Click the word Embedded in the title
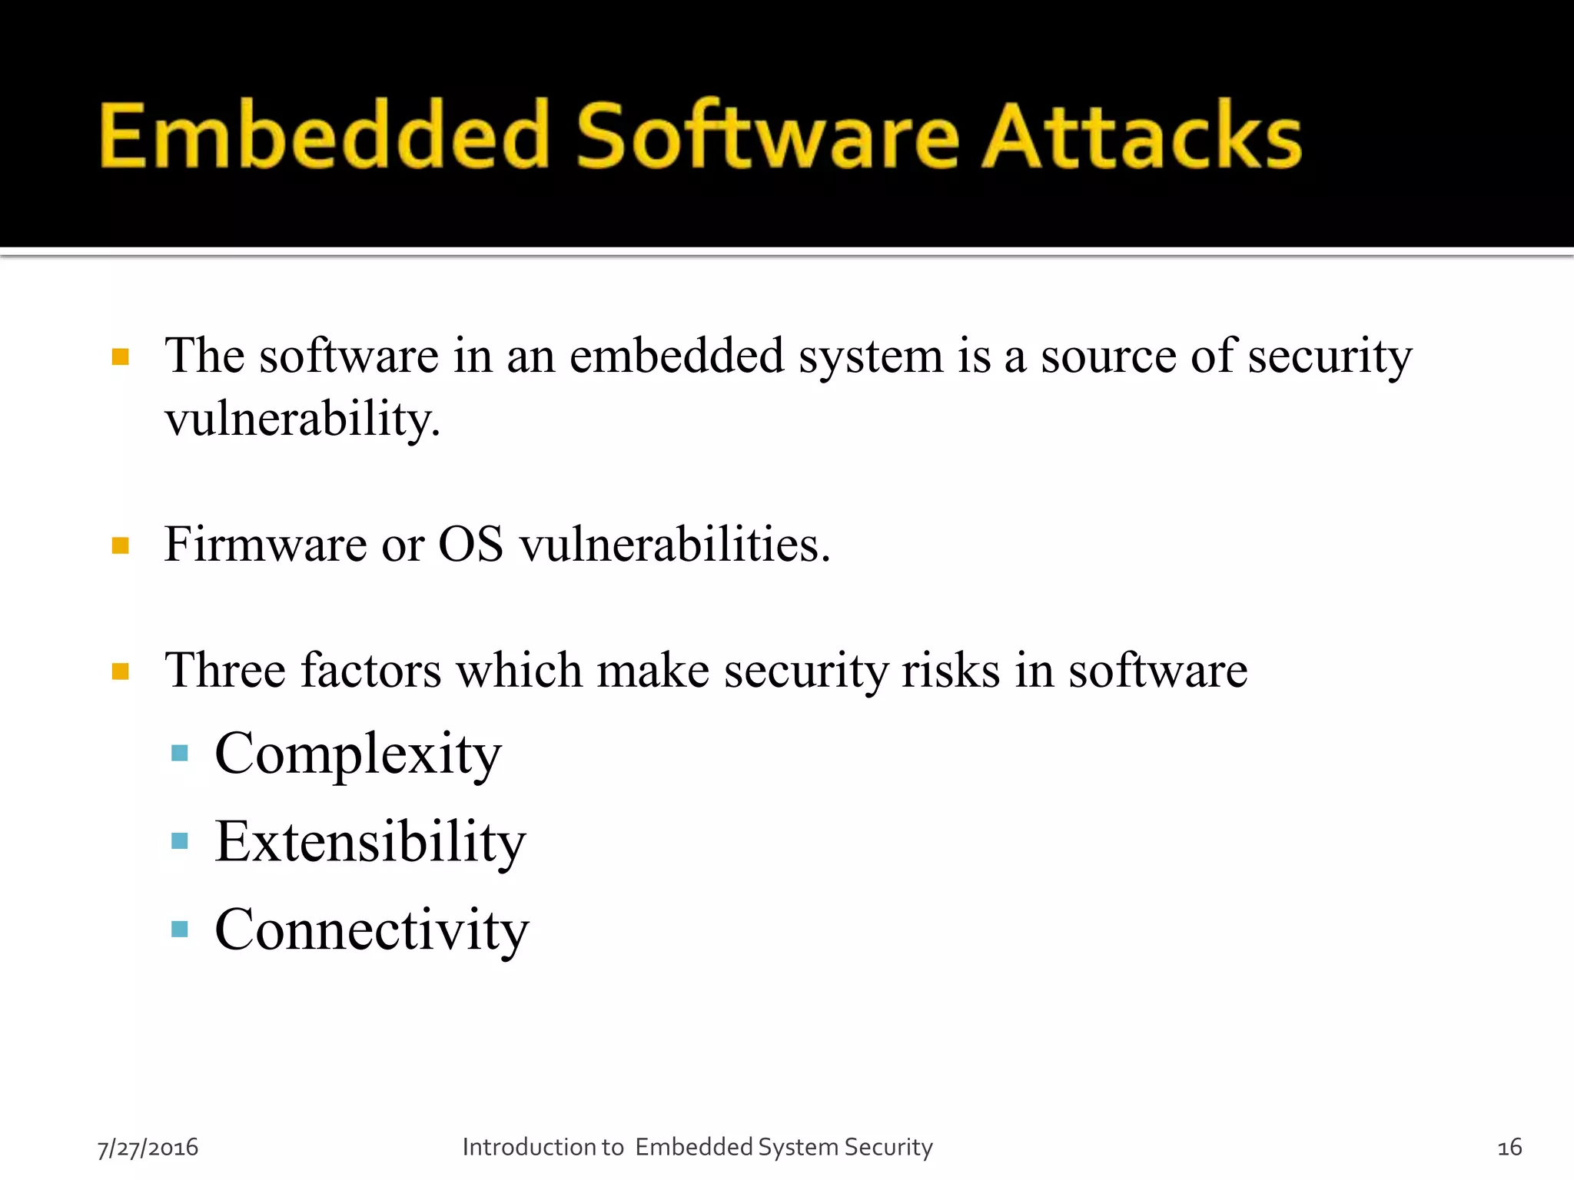point(324,136)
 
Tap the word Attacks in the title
point(1142,136)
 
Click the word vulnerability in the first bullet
point(302,419)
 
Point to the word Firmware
point(266,545)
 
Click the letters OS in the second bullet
point(470,545)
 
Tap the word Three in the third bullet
point(225,670)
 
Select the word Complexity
point(358,755)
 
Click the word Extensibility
point(370,842)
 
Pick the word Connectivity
point(372,930)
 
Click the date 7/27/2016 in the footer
point(148,1148)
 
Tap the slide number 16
point(1509,1148)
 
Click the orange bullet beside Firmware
point(121,546)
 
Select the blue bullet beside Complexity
point(180,753)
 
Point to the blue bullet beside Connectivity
point(180,930)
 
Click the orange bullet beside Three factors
point(121,672)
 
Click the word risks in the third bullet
point(951,670)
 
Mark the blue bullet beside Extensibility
point(180,841)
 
